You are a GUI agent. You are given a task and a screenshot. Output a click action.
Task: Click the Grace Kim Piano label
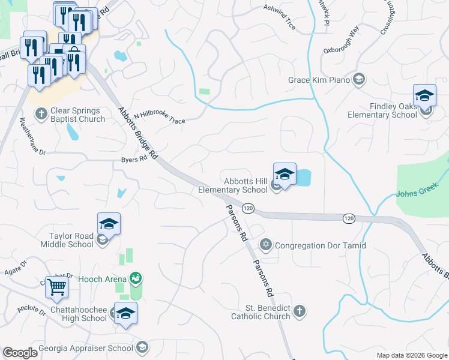pyautogui.click(x=318, y=80)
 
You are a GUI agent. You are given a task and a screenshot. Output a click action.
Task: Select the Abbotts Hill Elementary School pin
pyautogui.click(x=285, y=175)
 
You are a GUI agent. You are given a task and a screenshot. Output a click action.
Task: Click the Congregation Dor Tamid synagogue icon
pyautogui.click(x=266, y=245)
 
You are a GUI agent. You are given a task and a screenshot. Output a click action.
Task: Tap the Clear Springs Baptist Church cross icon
pyautogui.click(x=41, y=112)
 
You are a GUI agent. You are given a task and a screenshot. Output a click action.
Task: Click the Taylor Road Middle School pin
pyautogui.click(x=109, y=225)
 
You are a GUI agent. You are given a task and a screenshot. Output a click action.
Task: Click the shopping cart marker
pyautogui.click(x=56, y=287)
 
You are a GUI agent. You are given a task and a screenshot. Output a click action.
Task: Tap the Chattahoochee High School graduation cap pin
pyautogui.click(x=125, y=314)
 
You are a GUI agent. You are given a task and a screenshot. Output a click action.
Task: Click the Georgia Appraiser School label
pyautogui.click(x=86, y=348)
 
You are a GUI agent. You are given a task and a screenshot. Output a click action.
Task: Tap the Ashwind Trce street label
pyautogui.click(x=280, y=10)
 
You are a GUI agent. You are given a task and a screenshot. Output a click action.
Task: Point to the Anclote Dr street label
pyautogui.click(x=31, y=311)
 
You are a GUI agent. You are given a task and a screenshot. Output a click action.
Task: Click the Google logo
pyautogui.click(x=20, y=353)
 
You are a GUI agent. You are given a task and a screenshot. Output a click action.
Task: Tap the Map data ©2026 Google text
pyautogui.click(x=411, y=355)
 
